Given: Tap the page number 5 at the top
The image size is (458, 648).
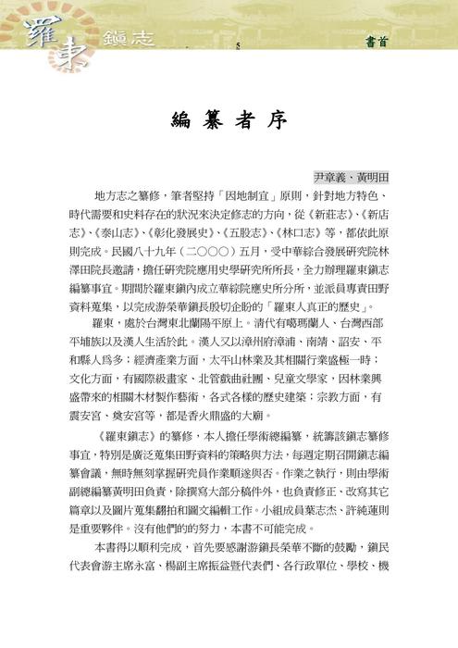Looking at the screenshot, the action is [x=238, y=44].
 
